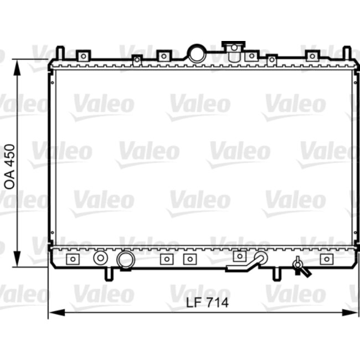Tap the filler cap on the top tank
coord(234,47)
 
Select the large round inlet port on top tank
coord(196,54)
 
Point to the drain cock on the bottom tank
coord(300,266)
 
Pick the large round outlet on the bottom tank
coord(126,259)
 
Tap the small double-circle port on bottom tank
coord(100,258)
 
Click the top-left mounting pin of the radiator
coord(60,53)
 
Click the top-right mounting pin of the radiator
coord(346,53)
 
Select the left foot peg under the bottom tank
coord(109,274)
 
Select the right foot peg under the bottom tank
coord(275,274)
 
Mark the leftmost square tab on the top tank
coord(83,55)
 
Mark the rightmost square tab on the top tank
coord(312,55)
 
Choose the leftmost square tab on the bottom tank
coord(72,259)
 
